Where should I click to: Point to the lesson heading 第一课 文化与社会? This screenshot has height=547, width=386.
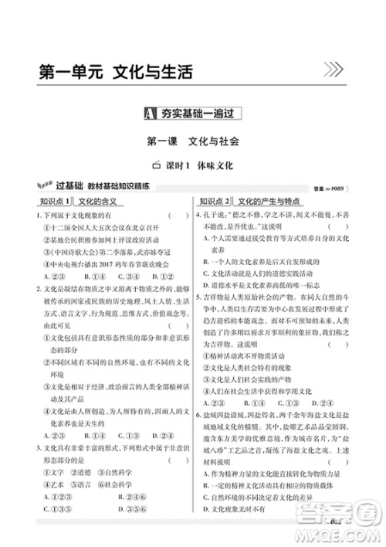[193, 142]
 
